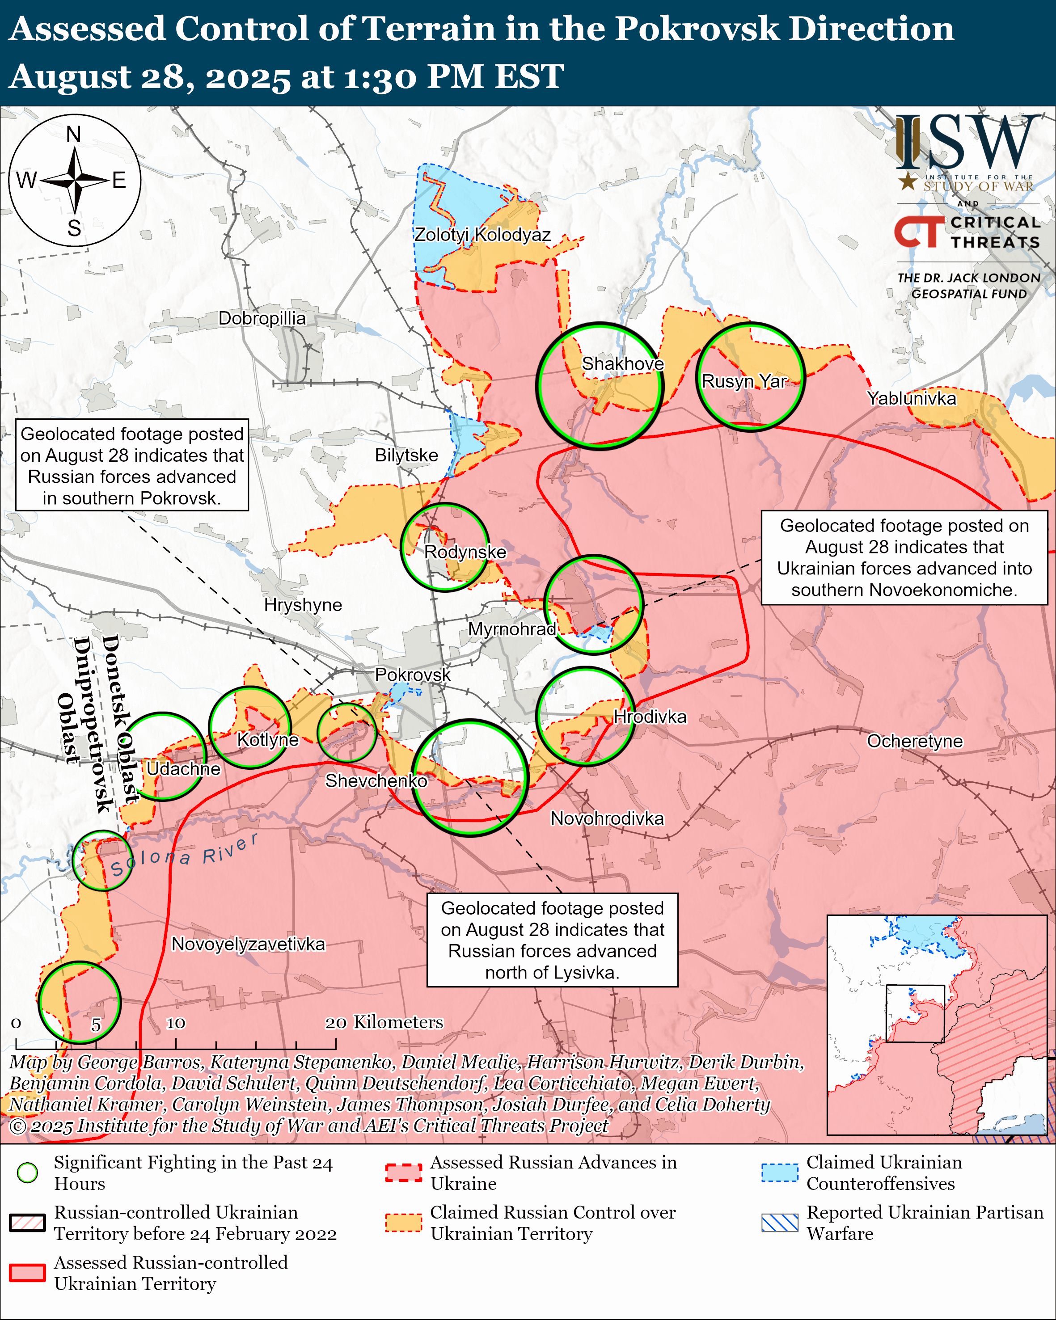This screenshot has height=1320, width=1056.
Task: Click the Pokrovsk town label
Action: (412, 675)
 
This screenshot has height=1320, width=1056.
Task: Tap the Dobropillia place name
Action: (262, 318)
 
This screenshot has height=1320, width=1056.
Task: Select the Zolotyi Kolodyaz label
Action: (482, 235)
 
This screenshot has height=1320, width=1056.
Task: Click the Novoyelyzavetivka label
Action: (248, 944)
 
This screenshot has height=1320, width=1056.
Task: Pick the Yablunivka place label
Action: (912, 399)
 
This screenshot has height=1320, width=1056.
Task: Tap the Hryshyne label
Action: (303, 605)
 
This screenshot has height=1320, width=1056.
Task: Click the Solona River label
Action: (184, 855)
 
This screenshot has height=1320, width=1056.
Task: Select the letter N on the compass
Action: (73, 134)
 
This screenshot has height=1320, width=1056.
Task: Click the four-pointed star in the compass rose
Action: (75, 181)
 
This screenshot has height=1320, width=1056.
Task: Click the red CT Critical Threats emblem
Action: (919, 232)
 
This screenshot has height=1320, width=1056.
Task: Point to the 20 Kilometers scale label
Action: (384, 1022)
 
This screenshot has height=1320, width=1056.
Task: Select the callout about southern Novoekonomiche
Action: (904, 558)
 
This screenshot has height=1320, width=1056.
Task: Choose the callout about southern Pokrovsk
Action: (131, 465)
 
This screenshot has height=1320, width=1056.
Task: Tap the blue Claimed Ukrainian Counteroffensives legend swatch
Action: (780, 1172)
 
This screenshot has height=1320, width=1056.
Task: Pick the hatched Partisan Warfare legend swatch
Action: (780, 1222)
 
